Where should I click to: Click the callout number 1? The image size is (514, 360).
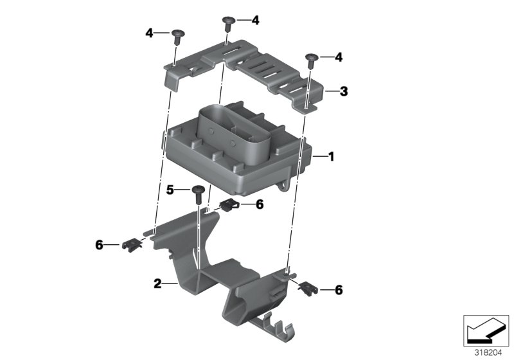332,157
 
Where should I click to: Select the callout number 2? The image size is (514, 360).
157,283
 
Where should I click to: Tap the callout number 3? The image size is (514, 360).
344,91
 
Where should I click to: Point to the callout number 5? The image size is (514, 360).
170,190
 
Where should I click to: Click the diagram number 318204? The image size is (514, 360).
488,353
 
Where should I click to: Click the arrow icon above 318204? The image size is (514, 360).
486,330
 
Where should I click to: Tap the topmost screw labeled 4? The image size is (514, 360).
229,24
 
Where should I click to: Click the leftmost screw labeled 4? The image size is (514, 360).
178,37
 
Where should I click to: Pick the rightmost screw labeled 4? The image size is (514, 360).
312,61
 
